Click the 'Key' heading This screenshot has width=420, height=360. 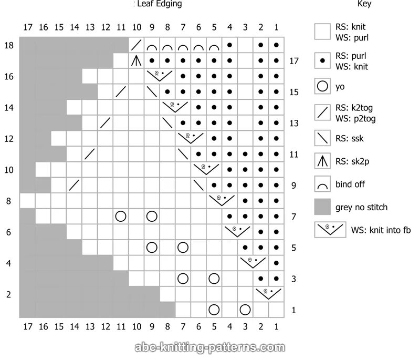coord(364,4)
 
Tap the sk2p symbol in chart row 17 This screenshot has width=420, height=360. coord(136,61)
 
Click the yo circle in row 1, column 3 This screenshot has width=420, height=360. coord(245,309)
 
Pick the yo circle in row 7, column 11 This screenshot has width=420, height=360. coord(121,216)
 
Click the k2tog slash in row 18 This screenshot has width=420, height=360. coord(136,45)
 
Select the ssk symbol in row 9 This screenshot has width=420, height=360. coord(198,185)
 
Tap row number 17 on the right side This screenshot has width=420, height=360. coord(293,61)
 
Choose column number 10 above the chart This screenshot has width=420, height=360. coord(136,27)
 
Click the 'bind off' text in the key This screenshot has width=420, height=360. coord(350,184)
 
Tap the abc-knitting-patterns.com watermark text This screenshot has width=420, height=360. coord(210,347)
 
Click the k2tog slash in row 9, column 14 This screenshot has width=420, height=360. coord(75,185)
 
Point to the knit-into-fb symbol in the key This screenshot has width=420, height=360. coord(330,229)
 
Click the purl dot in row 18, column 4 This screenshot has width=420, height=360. coord(229,45)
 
